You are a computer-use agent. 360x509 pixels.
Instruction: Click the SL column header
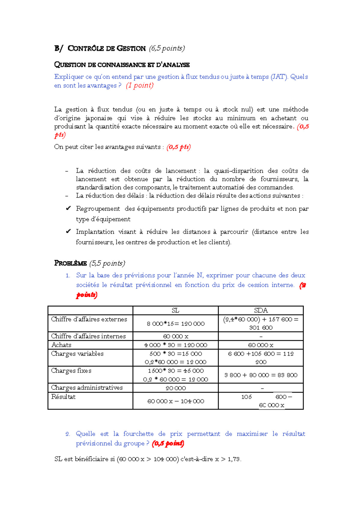tap(175, 311)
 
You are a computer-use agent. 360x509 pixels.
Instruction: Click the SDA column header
tap(261, 311)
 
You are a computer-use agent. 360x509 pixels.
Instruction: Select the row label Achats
tap(61, 345)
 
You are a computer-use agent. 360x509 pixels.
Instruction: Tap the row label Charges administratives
tap(87, 388)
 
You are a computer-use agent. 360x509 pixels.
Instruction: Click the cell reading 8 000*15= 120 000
tap(175, 324)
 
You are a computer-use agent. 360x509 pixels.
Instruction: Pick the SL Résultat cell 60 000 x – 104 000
tap(175, 401)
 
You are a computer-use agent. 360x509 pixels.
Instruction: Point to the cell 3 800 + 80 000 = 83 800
tap(261, 375)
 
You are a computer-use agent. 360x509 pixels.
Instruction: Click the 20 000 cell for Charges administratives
tap(175, 388)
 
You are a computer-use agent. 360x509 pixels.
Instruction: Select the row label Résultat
tap(63, 397)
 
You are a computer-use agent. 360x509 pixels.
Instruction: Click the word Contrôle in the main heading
tap(86, 49)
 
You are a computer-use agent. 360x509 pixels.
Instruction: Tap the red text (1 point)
tap(139, 85)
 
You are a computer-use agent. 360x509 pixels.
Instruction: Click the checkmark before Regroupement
tap(68, 208)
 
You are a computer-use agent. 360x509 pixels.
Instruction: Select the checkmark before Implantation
tap(68, 231)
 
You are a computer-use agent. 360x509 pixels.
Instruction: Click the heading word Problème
tap(70, 263)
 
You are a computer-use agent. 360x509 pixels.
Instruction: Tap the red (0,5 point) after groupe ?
tap(168, 443)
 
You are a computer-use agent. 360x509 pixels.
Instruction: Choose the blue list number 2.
tap(68, 434)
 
